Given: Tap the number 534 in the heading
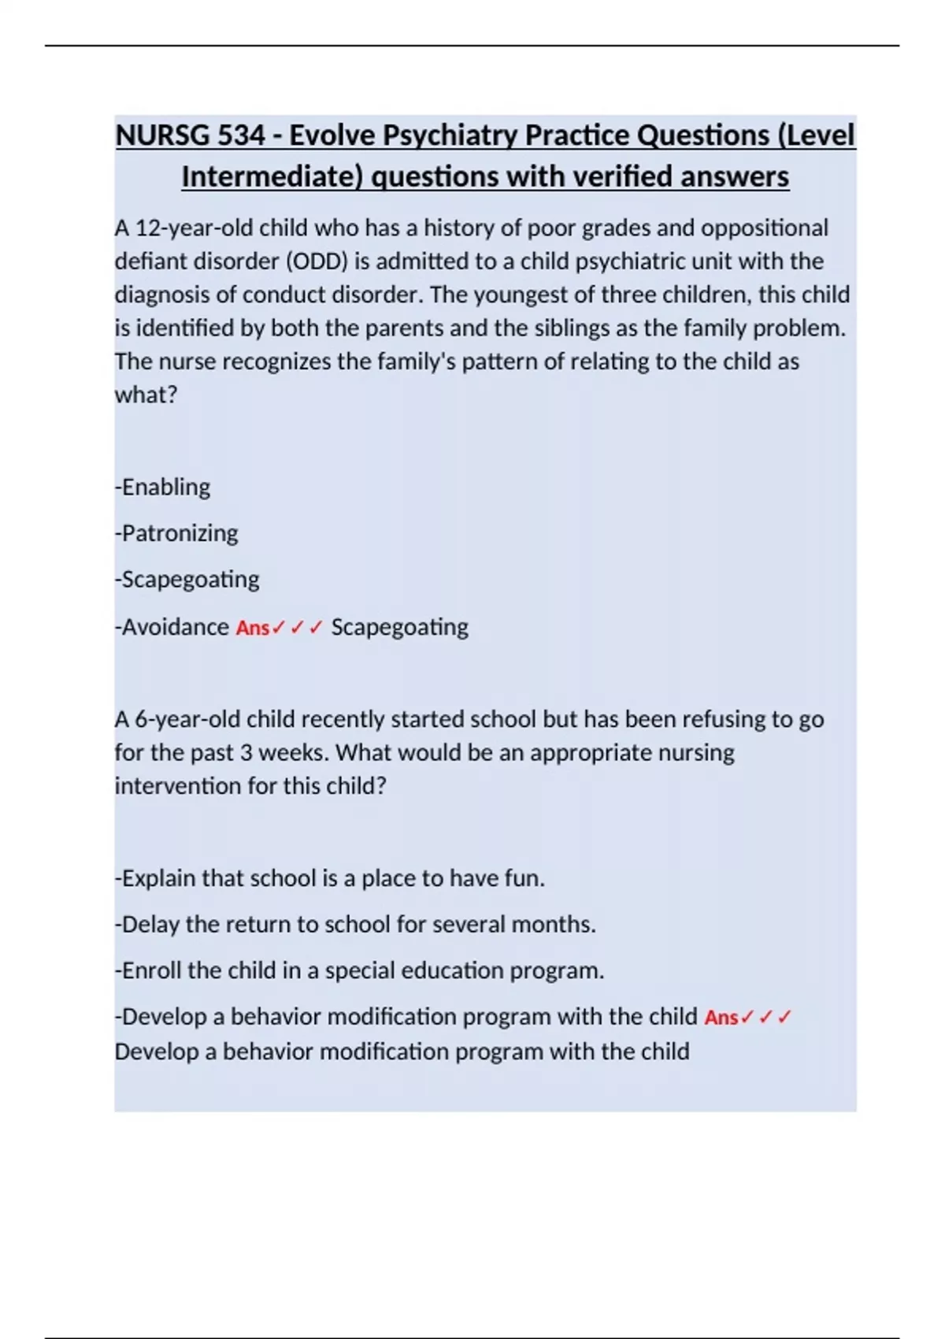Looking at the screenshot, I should pos(241,135).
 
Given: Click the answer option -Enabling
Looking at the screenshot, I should pos(163,487).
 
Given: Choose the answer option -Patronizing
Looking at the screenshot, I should pos(176,533).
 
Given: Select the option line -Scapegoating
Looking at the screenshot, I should pos(187,579).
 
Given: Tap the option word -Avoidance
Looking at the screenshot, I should pos(172,627).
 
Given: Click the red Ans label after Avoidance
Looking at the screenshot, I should pos(253,628).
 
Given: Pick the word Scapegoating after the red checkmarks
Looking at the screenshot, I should pos(399,627).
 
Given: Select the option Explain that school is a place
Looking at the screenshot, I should pos(330,878).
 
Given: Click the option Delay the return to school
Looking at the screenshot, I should pos(355,924).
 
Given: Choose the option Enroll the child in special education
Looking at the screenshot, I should pos(360,970).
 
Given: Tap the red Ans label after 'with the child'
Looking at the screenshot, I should pos(721,1018).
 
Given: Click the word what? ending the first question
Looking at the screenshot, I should pos(146,395).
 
